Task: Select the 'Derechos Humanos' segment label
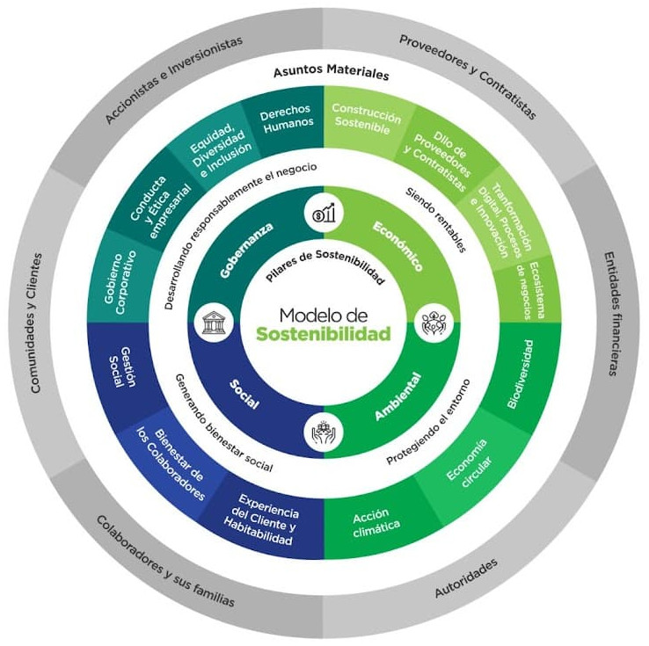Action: (x=287, y=117)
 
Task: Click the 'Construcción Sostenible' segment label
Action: (x=365, y=118)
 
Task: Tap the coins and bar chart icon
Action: (x=324, y=214)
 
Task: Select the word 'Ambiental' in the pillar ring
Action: (x=397, y=397)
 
